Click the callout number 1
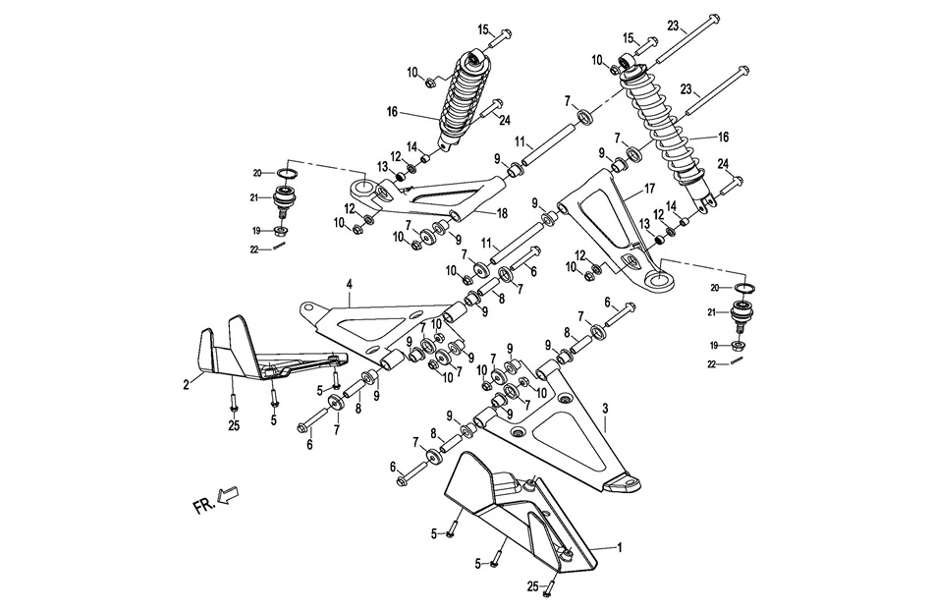pos(619,543)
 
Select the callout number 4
pos(348,284)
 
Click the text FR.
pos(202,507)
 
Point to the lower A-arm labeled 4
pos(373,324)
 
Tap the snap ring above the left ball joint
pos(288,175)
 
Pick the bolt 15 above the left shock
pos(500,36)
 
